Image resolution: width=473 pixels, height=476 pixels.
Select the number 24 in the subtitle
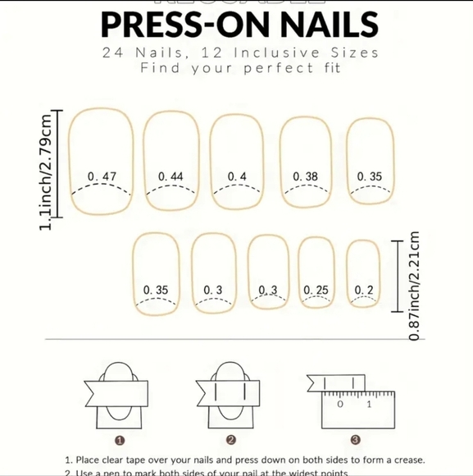tap(114, 53)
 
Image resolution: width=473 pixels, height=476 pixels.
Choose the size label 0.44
tap(171, 176)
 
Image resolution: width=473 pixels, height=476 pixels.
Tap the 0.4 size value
tap(237, 176)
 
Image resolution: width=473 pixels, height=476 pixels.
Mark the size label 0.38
tap(306, 176)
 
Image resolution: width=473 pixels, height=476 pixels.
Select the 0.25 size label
tap(316, 290)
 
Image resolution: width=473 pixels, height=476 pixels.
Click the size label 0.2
tap(364, 290)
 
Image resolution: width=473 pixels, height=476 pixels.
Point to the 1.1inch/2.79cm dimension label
tap(48, 172)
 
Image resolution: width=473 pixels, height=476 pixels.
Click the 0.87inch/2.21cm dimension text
tap(415, 286)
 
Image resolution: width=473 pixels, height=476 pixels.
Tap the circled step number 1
tap(120, 441)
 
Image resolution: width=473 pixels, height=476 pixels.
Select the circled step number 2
tap(231, 441)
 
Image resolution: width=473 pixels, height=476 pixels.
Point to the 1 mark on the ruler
tap(369, 405)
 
